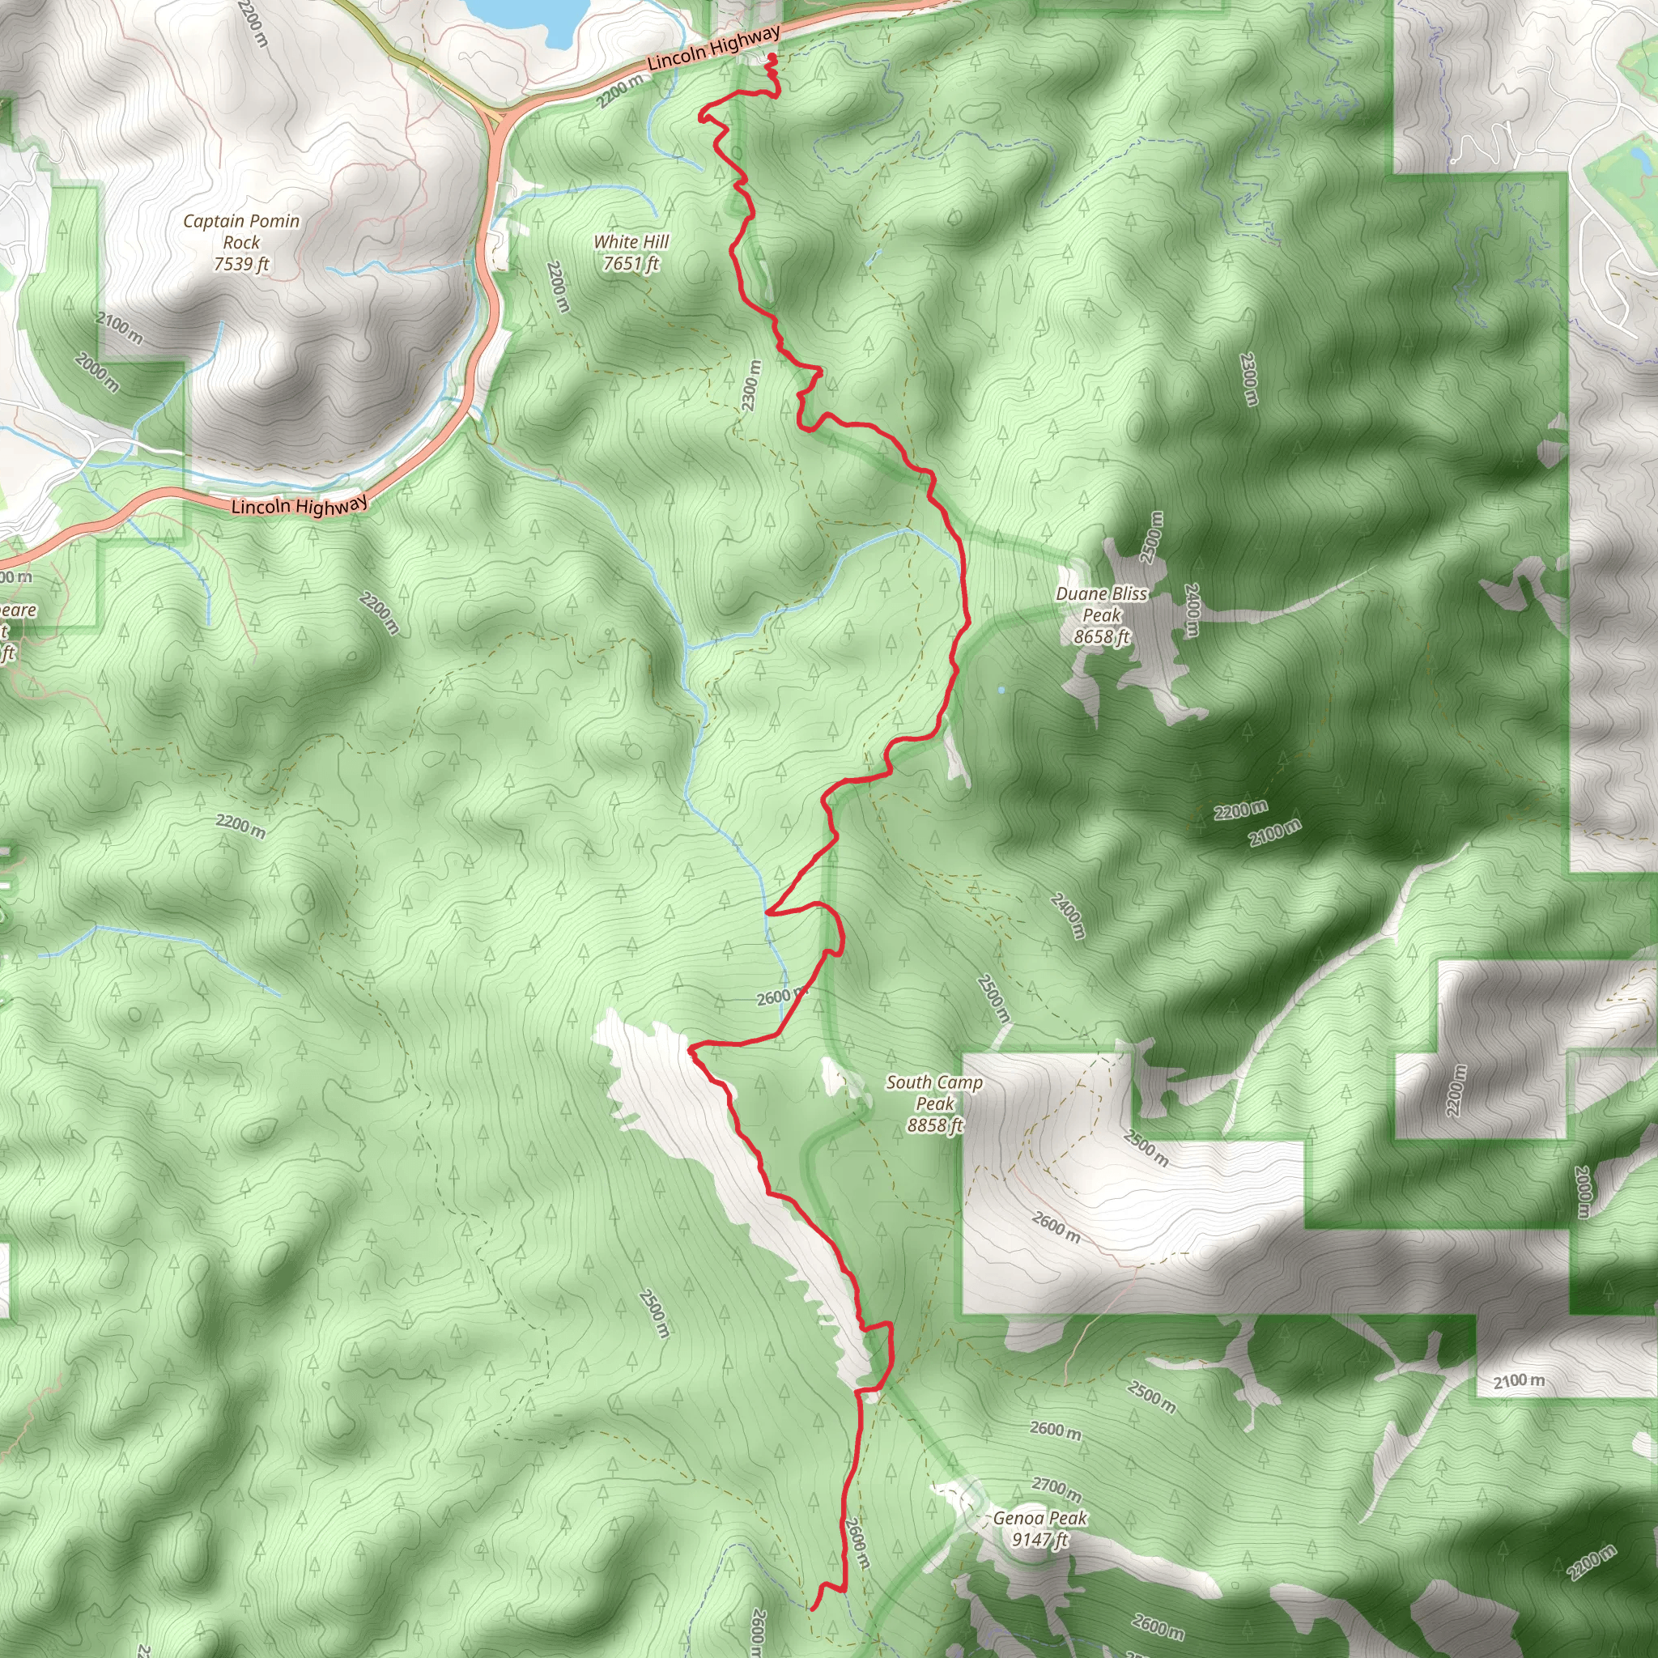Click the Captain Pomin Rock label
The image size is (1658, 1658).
241,242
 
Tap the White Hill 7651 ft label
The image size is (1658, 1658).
631,253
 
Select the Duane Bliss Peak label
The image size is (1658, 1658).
1101,614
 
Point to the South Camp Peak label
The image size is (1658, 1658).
934,1103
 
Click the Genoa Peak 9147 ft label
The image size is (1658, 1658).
1039,1528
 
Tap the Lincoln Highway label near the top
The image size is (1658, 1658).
713,48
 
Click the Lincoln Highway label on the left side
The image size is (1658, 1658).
299,505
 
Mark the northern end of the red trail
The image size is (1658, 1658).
772,57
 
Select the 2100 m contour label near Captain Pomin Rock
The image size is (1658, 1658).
119,328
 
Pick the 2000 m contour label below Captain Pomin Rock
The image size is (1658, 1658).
97,372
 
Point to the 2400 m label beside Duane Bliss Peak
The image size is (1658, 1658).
1191,610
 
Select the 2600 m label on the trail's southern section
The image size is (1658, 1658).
857,1543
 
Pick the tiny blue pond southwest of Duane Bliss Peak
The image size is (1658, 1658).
1001,689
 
